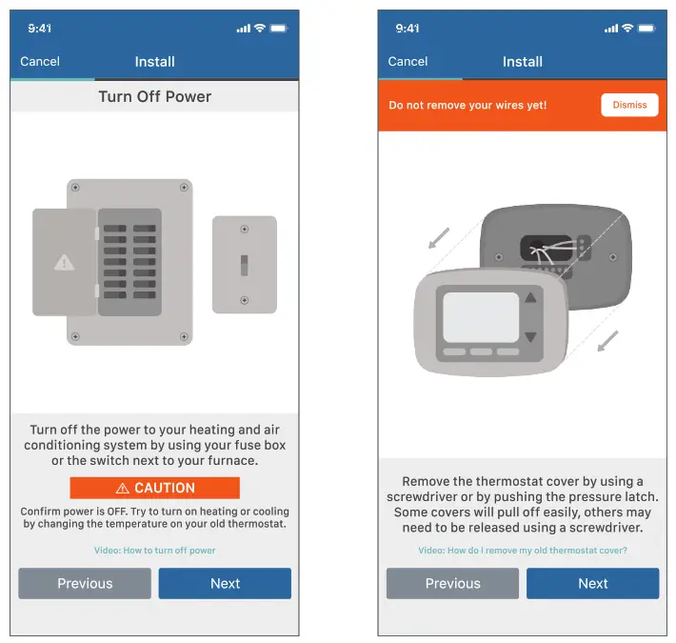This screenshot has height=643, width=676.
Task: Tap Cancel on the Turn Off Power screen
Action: click(x=40, y=62)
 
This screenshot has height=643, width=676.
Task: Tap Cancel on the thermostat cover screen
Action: click(x=408, y=62)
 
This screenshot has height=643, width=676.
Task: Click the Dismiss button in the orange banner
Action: click(x=629, y=105)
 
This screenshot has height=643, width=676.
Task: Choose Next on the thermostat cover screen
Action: click(x=592, y=584)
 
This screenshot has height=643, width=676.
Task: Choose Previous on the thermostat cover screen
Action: click(x=452, y=584)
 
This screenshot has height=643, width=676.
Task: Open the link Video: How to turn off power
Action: click(x=154, y=551)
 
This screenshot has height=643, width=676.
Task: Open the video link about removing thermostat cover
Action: click(x=523, y=551)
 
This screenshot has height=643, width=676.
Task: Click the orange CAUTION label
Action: click(x=154, y=488)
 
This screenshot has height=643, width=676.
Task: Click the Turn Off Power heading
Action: click(x=154, y=97)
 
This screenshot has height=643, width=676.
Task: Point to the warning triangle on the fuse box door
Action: click(x=64, y=262)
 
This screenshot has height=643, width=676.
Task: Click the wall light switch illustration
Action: click(x=244, y=265)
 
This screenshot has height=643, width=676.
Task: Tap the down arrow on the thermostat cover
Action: click(x=531, y=337)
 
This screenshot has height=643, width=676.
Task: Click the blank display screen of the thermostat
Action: click(x=481, y=317)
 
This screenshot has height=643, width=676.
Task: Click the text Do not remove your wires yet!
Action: click(x=467, y=105)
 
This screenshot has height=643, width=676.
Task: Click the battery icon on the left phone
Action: click(x=278, y=29)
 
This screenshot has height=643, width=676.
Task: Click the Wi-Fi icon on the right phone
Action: click(x=627, y=29)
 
